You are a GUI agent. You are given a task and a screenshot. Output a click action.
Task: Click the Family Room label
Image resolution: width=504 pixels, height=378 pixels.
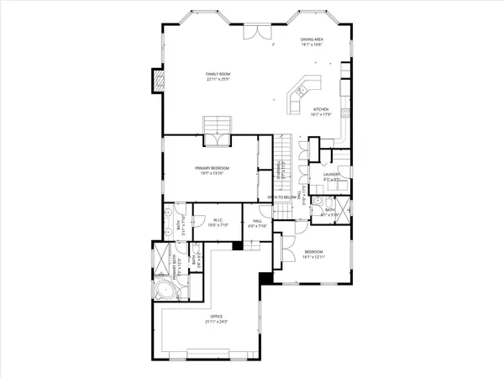(x=218, y=75)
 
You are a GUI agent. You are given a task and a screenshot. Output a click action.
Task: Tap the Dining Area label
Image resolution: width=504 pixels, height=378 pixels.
(x=312, y=39)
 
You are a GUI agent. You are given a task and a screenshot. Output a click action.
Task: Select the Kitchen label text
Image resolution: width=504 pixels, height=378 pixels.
(x=322, y=110)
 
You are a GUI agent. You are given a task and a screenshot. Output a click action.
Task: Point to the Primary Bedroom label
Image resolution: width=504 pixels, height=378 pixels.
(x=212, y=168)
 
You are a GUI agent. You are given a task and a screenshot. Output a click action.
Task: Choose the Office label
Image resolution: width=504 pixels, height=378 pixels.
(x=216, y=317)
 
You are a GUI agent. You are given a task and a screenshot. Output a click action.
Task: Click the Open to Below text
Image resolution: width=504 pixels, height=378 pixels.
(x=282, y=197)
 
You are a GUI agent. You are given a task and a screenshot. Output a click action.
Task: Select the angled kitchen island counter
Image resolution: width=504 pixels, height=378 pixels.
(x=301, y=92)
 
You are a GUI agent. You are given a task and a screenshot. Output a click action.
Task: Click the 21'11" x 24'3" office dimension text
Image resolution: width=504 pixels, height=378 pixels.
(x=216, y=322)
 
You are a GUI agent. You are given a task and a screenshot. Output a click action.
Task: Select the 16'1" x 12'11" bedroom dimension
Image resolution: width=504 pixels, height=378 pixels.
(x=312, y=257)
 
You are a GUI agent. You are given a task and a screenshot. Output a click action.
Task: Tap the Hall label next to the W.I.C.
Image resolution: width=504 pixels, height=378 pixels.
(x=256, y=222)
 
